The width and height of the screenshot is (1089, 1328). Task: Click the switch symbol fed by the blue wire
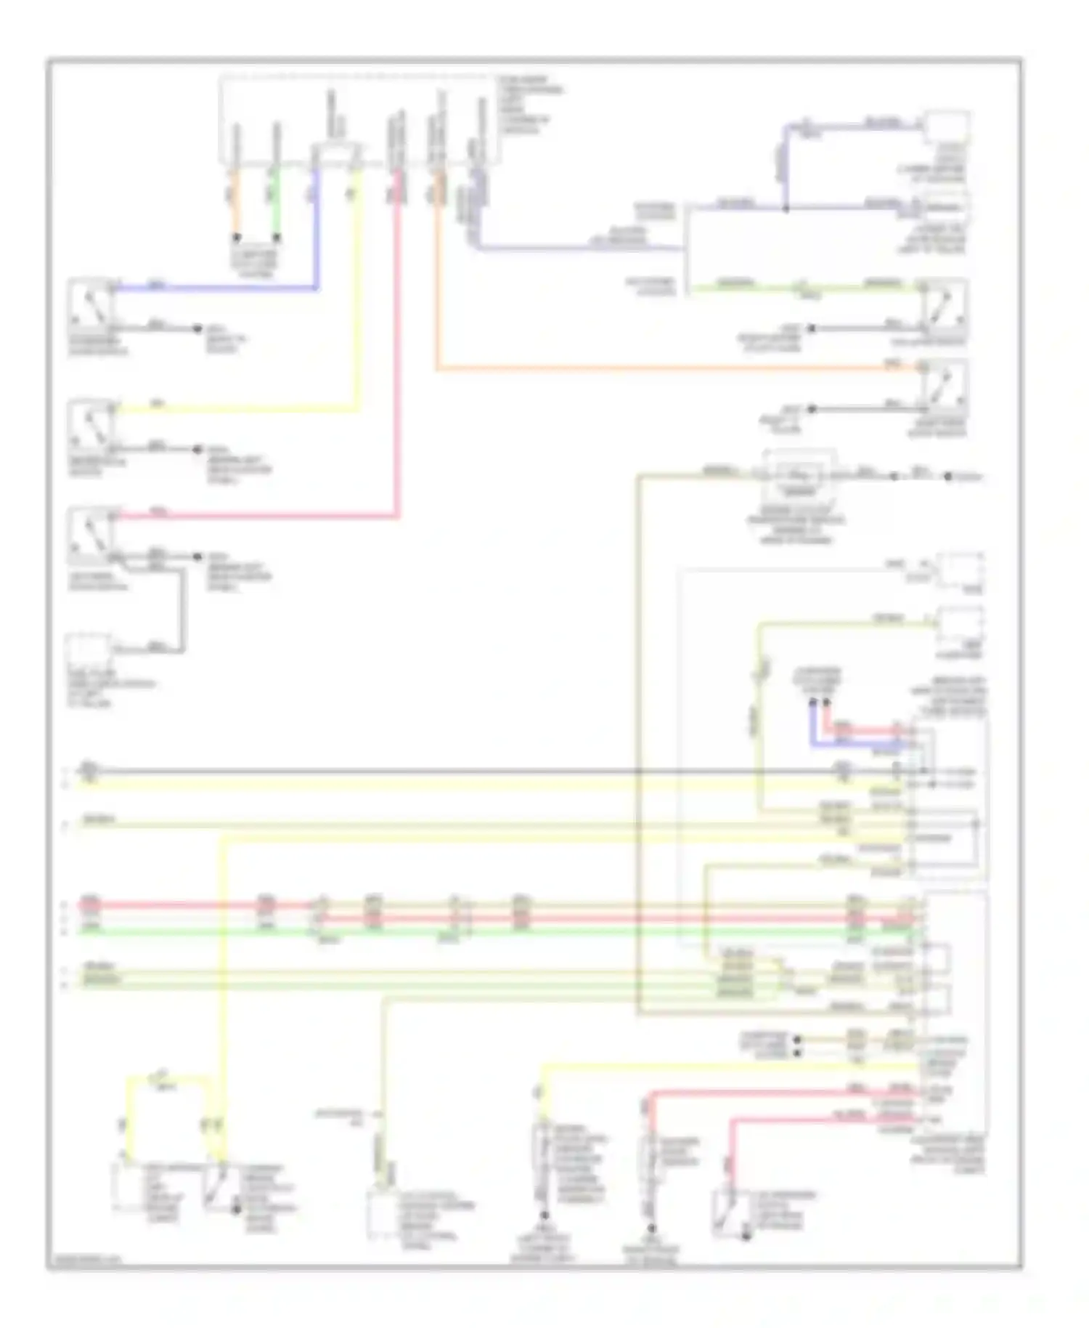click(91, 304)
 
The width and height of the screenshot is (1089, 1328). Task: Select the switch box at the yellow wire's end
click(91, 424)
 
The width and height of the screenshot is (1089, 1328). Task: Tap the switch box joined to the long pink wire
click(91, 536)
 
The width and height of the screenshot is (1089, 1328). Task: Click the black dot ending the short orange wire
click(236, 238)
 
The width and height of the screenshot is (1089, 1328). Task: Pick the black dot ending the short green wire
click(277, 238)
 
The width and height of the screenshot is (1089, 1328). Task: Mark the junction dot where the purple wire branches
click(786, 209)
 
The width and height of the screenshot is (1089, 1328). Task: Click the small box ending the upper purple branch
click(947, 128)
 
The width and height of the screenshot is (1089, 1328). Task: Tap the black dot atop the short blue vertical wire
click(813, 703)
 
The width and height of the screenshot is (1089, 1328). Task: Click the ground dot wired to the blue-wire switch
click(197, 328)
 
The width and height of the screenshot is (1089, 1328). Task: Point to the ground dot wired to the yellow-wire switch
click(197, 450)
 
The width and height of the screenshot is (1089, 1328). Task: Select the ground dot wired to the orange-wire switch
click(812, 409)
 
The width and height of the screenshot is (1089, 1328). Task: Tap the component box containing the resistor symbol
click(799, 477)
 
